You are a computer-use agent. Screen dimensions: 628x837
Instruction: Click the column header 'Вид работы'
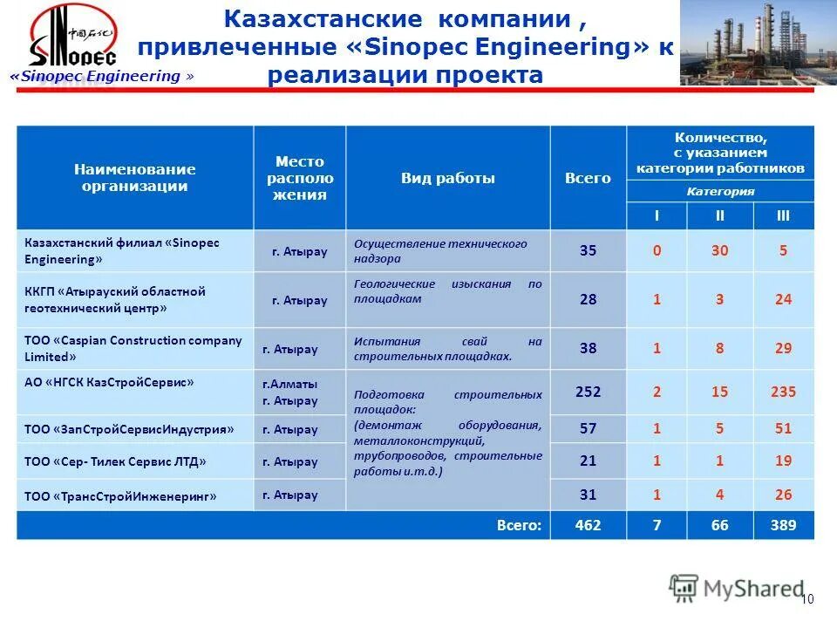pos(447,178)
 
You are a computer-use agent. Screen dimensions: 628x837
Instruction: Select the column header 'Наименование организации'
pos(134,177)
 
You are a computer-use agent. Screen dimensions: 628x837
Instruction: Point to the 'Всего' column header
pos(588,178)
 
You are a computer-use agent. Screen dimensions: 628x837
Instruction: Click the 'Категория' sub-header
pos(720,191)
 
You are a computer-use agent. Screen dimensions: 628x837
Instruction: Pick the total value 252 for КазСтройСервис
pos(588,392)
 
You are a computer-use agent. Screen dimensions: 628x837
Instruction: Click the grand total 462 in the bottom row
pos(588,525)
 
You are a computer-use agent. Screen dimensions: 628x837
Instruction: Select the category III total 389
pos(783,525)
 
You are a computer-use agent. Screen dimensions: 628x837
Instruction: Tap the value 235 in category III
pos(783,392)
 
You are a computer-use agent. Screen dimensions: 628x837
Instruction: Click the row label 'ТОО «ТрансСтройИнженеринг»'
pos(120,496)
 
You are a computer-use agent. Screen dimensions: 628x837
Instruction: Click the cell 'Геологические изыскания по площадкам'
pos(447,291)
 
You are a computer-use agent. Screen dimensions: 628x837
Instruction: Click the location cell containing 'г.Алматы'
pos(290,384)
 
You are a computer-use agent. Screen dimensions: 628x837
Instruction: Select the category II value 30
pos(719,250)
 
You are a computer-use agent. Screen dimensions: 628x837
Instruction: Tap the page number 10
pos(806,598)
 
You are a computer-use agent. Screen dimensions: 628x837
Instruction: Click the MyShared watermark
pos(737,589)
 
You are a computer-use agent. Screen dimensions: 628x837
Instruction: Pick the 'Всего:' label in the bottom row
pos(520,525)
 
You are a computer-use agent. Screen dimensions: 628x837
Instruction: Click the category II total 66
pos(719,525)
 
